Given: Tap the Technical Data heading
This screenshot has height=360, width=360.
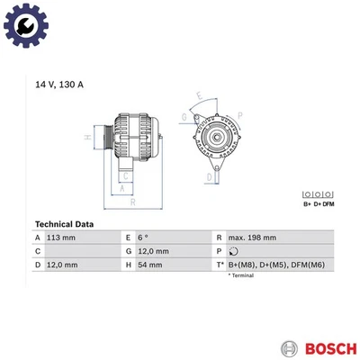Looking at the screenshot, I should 69,224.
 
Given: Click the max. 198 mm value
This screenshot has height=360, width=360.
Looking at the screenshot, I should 252,238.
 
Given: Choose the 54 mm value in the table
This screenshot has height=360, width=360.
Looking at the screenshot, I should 151,265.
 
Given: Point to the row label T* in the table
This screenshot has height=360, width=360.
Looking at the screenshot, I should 219,265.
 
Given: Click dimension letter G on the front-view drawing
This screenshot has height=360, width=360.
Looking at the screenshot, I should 184,117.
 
